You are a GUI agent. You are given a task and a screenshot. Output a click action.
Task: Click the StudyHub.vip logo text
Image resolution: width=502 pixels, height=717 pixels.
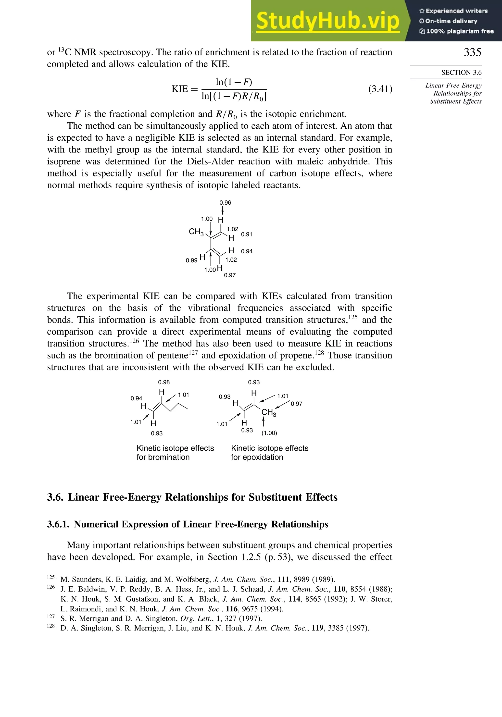(328, 21)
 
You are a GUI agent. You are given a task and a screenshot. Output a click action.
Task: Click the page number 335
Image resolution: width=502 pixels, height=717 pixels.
(472, 52)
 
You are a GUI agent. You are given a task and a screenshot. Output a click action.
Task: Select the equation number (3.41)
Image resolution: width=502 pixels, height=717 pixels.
(380, 89)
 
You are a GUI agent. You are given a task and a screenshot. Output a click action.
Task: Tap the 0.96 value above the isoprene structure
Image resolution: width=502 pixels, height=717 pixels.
(225, 203)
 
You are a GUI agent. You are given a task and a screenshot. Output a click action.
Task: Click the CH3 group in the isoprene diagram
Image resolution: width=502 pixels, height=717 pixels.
(196, 232)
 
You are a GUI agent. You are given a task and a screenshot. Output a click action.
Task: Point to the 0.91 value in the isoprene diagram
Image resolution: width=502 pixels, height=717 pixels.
(247, 234)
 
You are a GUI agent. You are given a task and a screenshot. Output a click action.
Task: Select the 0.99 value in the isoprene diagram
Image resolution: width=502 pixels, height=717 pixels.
(191, 260)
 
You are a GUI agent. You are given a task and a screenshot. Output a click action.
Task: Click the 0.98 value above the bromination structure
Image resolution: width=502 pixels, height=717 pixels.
(164, 382)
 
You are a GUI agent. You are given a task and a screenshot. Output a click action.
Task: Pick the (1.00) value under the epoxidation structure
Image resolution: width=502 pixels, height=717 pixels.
(269, 433)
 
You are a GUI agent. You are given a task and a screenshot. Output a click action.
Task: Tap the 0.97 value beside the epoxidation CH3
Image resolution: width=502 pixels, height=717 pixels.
(296, 404)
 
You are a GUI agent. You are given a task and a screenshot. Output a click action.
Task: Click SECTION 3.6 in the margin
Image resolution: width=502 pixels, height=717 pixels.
(461, 73)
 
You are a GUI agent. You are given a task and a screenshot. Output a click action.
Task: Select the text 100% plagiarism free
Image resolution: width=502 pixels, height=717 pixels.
(460, 31)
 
